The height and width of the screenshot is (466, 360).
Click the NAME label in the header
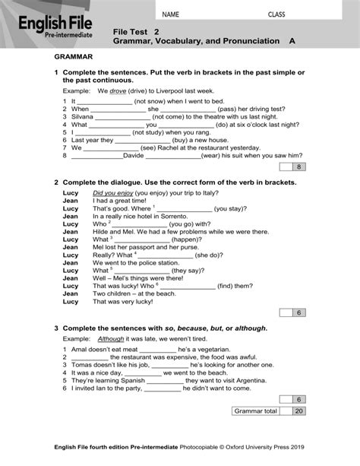171,14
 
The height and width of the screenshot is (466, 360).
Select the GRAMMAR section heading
74,57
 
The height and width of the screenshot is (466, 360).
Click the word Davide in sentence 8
133,155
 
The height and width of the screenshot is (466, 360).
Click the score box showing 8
299,166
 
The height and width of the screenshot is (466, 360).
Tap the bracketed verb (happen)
186,239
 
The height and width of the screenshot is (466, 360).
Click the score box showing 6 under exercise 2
299,312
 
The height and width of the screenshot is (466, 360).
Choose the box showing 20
299,411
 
